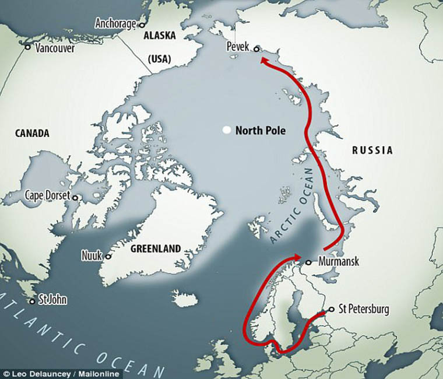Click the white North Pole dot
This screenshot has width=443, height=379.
[x=226, y=131]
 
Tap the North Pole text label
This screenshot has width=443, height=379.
[x=260, y=131]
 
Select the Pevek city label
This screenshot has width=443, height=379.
[x=238, y=45]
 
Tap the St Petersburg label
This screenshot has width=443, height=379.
[x=364, y=309]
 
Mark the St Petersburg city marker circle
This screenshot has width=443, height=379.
[x=332, y=309]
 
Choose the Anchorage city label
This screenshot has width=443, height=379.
[x=115, y=24]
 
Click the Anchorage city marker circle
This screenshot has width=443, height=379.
[x=140, y=24]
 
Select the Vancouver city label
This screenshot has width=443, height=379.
[x=55, y=48]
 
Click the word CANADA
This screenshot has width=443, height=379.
[x=31, y=134]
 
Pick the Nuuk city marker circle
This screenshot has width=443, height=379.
[x=108, y=256]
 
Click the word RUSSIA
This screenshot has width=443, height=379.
[x=372, y=150]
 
